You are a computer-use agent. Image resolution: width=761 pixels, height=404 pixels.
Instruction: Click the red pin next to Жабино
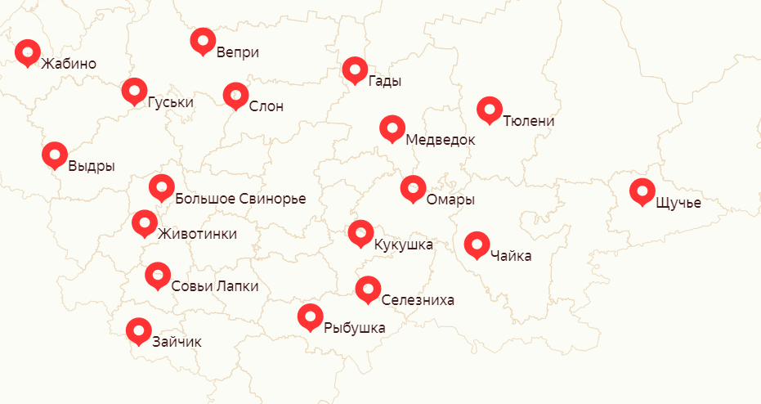coord(28,52)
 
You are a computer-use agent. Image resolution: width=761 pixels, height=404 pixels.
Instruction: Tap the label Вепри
coord(238,52)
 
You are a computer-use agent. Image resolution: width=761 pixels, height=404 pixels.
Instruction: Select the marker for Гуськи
coord(134,90)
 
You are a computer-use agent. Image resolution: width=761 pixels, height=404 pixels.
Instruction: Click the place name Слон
coord(266,105)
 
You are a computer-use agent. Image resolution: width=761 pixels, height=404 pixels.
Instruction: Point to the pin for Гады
coord(355,70)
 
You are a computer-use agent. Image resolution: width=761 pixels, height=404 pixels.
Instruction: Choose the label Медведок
coord(440,140)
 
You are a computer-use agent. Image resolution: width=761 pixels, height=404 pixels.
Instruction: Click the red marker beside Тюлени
coord(489,109)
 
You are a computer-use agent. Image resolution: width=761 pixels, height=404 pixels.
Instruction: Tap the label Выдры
coord(92,166)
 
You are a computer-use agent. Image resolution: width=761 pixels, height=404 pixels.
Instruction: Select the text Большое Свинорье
coord(240,199)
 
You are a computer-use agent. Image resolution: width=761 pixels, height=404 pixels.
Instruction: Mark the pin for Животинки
coord(145,222)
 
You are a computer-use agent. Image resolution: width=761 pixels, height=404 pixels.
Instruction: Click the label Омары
coord(450,200)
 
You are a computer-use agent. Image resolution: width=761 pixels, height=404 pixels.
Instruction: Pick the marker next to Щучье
coord(642,191)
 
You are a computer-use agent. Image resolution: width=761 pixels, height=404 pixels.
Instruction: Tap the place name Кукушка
coord(403,244)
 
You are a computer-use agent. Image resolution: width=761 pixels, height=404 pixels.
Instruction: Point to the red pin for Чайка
coord(477,244)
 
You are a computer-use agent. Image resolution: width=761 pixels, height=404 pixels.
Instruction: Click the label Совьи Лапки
coord(215,286)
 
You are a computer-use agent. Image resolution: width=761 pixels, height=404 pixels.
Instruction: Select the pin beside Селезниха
coord(368,288)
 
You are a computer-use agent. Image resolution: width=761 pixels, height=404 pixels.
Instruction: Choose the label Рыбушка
coord(354,328)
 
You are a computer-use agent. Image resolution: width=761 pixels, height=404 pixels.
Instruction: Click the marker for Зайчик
coord(139,330)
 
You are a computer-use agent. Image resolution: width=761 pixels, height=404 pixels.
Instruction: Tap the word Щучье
coord(678,202)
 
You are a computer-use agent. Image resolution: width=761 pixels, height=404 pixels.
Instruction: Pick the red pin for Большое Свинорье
coord(161,186)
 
